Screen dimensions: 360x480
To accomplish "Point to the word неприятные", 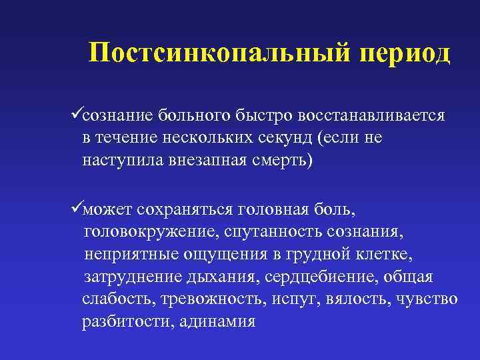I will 125,255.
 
